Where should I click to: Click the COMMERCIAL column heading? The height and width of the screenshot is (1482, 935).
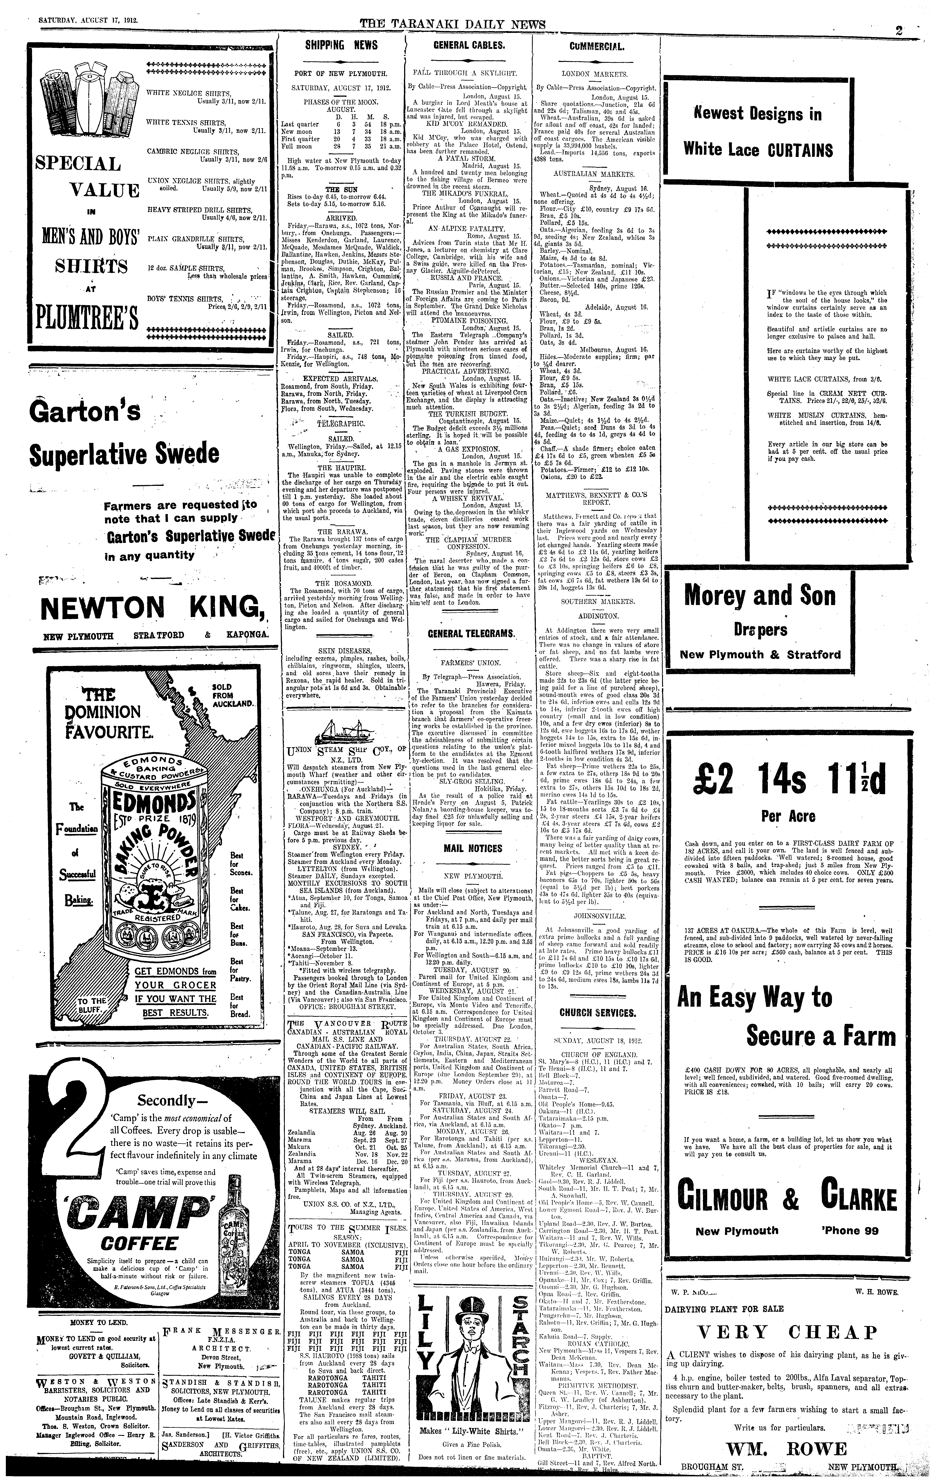[597, 46]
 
